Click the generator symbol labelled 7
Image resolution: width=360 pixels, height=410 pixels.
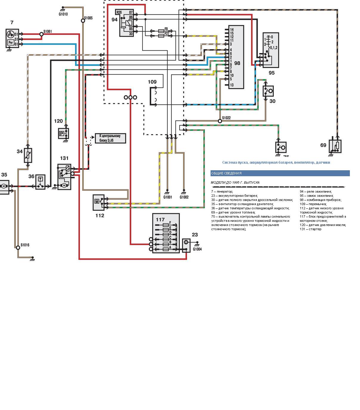point(12,38)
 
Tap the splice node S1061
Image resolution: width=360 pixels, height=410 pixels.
point(41,34)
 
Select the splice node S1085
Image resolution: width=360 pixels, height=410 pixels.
point(83,21)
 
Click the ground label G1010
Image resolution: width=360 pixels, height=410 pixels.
point(63,14)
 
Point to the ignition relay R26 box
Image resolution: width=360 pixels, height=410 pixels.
point(127,23)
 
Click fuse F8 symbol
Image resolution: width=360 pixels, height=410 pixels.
point(161,31)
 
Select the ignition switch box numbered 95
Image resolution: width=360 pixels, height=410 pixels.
point(271,50)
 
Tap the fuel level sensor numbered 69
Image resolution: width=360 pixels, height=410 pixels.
point(335,146)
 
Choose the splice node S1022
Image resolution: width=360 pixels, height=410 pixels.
point(220,121)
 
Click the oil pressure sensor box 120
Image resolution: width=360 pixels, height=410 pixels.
point(64,133)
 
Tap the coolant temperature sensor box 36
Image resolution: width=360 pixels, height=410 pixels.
point(41,182)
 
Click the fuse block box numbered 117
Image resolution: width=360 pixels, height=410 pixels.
point(166,233)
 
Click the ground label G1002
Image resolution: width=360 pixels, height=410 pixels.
point(184,197)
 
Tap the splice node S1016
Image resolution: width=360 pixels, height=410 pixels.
point(18,247)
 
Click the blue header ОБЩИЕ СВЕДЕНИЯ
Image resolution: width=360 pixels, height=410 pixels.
point(280,173)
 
